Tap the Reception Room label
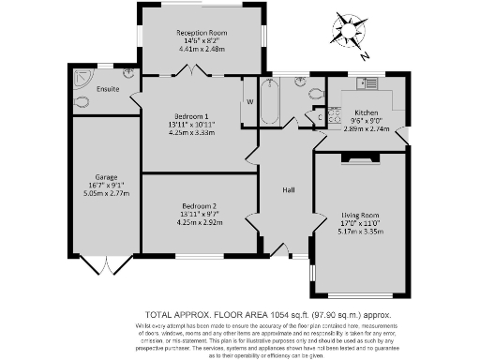coord(200,32)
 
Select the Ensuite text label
coord(107,89)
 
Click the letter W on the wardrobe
coord(249,101)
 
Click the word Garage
coord(104,176)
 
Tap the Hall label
coord(289,190)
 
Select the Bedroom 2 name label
coord(199,205)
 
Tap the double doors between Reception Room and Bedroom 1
coord(194,71)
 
